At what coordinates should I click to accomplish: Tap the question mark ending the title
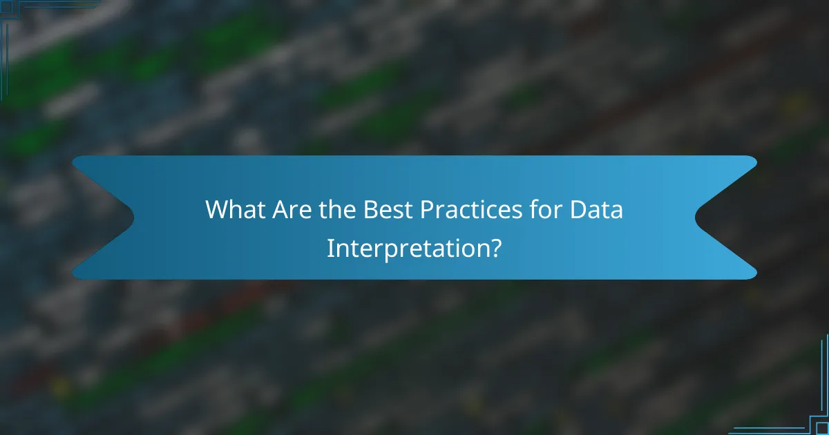coord(495,248)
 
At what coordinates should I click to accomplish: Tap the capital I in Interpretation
coord(330,248)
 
